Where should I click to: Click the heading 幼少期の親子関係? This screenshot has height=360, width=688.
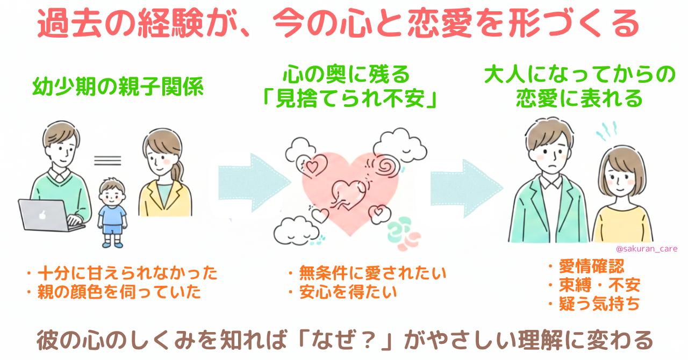tap(118, 88)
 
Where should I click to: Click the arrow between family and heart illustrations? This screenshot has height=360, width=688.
tap(248, 180)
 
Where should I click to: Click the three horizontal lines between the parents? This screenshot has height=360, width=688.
tap(107, 160)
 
